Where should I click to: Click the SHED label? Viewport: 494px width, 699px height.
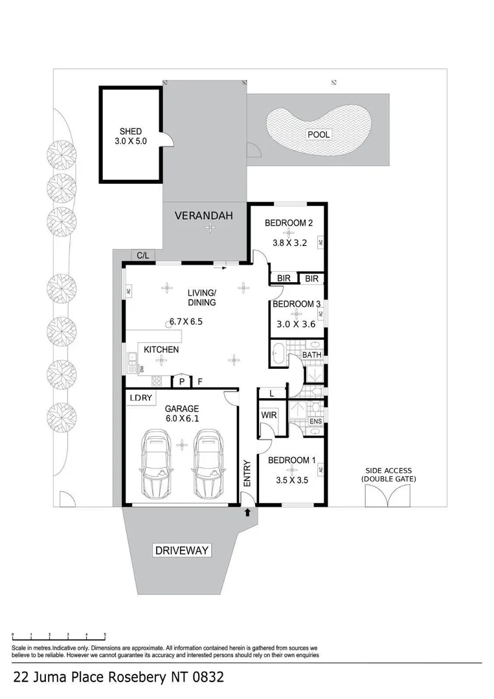pos(130,131)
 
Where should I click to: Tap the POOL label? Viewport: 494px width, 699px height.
pos(319,135)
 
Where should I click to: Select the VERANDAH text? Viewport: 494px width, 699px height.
pos(203,215)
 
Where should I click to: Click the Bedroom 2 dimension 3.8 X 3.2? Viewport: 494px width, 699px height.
pos(289,244)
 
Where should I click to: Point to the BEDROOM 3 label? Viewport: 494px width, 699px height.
pos(296,304)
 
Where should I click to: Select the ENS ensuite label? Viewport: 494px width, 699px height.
pos(315,422)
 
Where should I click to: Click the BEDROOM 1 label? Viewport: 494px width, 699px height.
pos(292,460)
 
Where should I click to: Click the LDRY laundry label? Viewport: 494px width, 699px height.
pos(140,398)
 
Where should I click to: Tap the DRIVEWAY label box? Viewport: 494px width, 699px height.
pos(182,551)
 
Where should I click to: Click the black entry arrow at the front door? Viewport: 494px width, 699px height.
pos(248,513)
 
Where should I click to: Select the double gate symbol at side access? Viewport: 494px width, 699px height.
pos(388,495)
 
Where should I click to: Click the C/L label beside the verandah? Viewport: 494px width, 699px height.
pos(142,255)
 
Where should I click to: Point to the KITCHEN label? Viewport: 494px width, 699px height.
pos(161,349)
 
